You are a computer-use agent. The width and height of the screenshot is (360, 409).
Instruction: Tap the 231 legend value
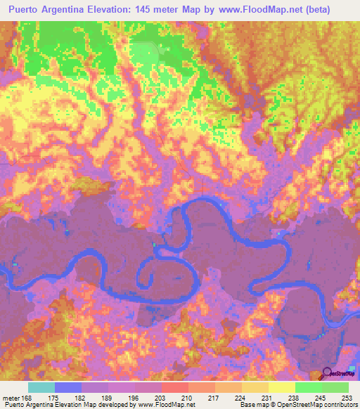(266, 397)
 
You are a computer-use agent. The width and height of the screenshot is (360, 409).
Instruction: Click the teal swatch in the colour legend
(41, 387)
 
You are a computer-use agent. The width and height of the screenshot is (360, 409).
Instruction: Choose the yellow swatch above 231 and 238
(268, 387)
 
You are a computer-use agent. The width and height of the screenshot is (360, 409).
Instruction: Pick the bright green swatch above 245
(308, 387)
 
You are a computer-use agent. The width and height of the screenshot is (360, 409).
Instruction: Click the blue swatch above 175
(68, 387)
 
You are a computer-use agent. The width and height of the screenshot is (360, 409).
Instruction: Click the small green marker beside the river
(155, 245)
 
